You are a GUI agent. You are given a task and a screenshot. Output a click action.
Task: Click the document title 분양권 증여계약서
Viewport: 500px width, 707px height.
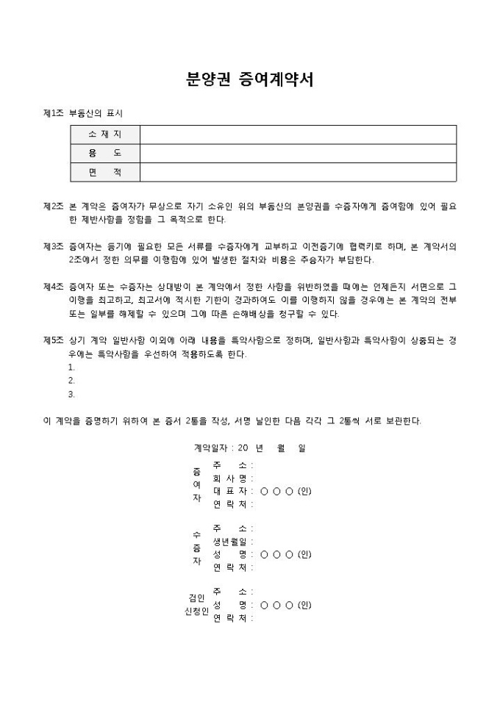(x=250, y=80)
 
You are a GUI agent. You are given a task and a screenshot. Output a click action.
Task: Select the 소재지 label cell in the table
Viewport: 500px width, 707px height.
(x=104, y=134)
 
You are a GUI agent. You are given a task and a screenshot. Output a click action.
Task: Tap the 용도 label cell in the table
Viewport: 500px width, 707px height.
(x=104, y=153)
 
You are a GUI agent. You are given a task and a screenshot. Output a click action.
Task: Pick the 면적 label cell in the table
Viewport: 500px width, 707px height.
(x=104, y=172)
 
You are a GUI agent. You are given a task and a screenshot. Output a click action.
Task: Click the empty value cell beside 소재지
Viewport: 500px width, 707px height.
(x=298, y=134)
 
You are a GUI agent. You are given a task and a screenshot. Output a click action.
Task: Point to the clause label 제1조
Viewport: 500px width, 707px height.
(x=54, y=114)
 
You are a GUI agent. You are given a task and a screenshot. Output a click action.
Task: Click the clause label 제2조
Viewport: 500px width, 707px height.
(x=54, y=207)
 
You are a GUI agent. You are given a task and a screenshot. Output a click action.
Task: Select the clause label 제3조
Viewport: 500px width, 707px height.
(x=54, y=246)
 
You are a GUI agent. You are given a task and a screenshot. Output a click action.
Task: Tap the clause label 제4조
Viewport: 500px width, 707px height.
(x=54, y=286)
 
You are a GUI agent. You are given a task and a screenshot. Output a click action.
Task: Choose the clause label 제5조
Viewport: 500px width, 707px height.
(x=54, y=340)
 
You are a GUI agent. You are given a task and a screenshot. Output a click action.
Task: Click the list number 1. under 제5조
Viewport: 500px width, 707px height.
(x=71, y=367)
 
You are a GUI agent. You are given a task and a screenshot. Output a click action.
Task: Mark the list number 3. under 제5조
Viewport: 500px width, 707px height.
(x=71, y=393)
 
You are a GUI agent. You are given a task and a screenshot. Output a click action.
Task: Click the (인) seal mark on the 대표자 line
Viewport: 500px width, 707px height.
(x=304, y=491)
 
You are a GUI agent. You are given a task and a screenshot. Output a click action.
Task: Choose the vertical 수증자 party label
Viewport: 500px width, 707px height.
(x=196, y=548)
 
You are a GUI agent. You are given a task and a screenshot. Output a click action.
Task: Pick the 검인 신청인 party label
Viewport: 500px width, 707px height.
(x=196, y=604)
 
